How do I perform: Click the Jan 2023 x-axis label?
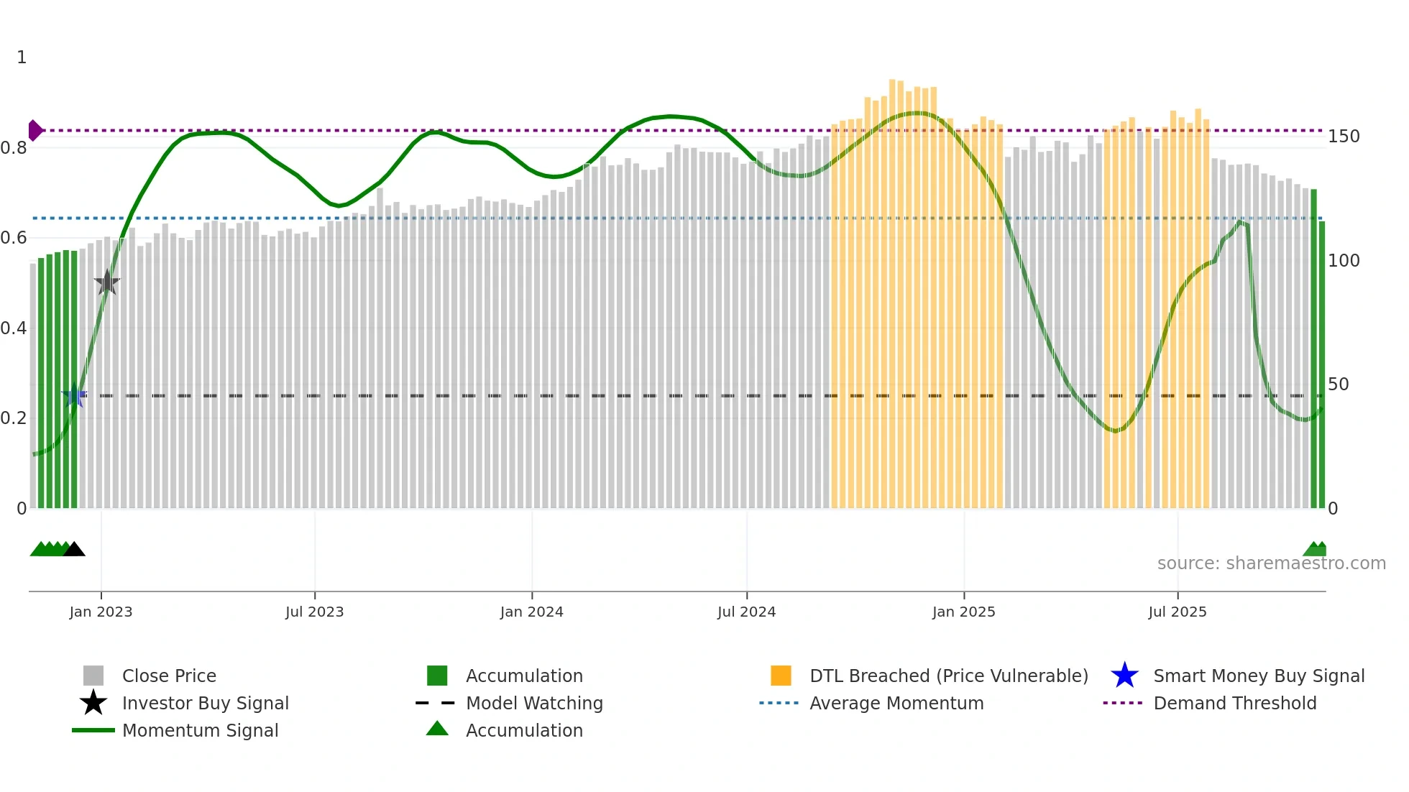(x=101, y=612)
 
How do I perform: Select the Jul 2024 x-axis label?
(x=746, y=612)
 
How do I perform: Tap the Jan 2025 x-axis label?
(x=963, y=612)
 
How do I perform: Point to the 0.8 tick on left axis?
(x=14, y=148)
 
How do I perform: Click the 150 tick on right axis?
(x=1344, y=137)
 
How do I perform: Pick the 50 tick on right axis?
(x=1338, y=385)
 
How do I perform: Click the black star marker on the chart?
(x=107, y=282)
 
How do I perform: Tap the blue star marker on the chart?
(x=74, y=395)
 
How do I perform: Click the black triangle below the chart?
(x=74, y=549)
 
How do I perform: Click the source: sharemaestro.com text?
(x=1271, y=563)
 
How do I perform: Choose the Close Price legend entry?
(x=169, y=676)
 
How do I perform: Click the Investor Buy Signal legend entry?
(x=205, y=703)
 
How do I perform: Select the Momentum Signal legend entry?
(x=200, y=730)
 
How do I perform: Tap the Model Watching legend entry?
(x=533, y=703)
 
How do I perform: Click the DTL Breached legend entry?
(x=948, y=676)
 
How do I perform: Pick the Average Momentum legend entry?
(x=896, y=703)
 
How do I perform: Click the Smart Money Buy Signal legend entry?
(x=1258, y=676)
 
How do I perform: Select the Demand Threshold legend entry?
(x=1234, y=703)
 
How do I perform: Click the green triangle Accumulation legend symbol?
(x=437, y=729)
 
